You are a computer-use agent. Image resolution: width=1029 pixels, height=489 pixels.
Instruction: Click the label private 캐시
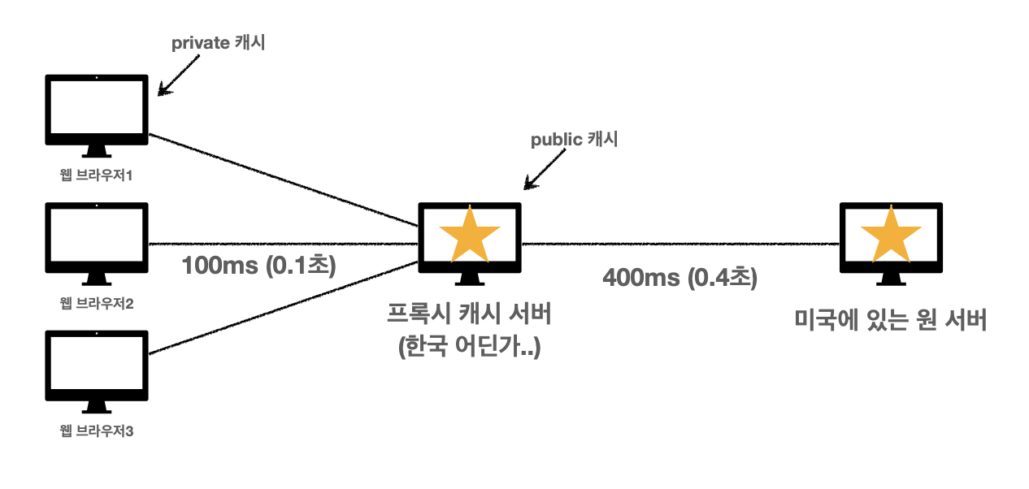tap(219, 44)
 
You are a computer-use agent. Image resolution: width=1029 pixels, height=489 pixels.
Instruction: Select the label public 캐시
tap(575, 140)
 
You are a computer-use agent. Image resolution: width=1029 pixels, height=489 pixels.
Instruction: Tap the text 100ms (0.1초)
tap(258, 266)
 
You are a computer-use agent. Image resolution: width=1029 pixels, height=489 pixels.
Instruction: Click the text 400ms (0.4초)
tap(679, 278)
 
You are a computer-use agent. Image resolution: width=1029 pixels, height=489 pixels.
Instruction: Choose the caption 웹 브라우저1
tap(97, 176)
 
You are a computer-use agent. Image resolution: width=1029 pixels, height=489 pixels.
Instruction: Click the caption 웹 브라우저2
tap(97, 304)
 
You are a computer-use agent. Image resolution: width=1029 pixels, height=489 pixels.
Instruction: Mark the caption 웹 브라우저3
tap(97, 431)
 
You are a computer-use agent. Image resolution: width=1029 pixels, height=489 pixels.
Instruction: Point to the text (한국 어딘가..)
tap(469, 348)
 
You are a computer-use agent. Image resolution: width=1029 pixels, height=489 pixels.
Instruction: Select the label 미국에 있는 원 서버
tap(890, 320)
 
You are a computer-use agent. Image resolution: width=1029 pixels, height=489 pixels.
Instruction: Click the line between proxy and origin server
tap(679, 243)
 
